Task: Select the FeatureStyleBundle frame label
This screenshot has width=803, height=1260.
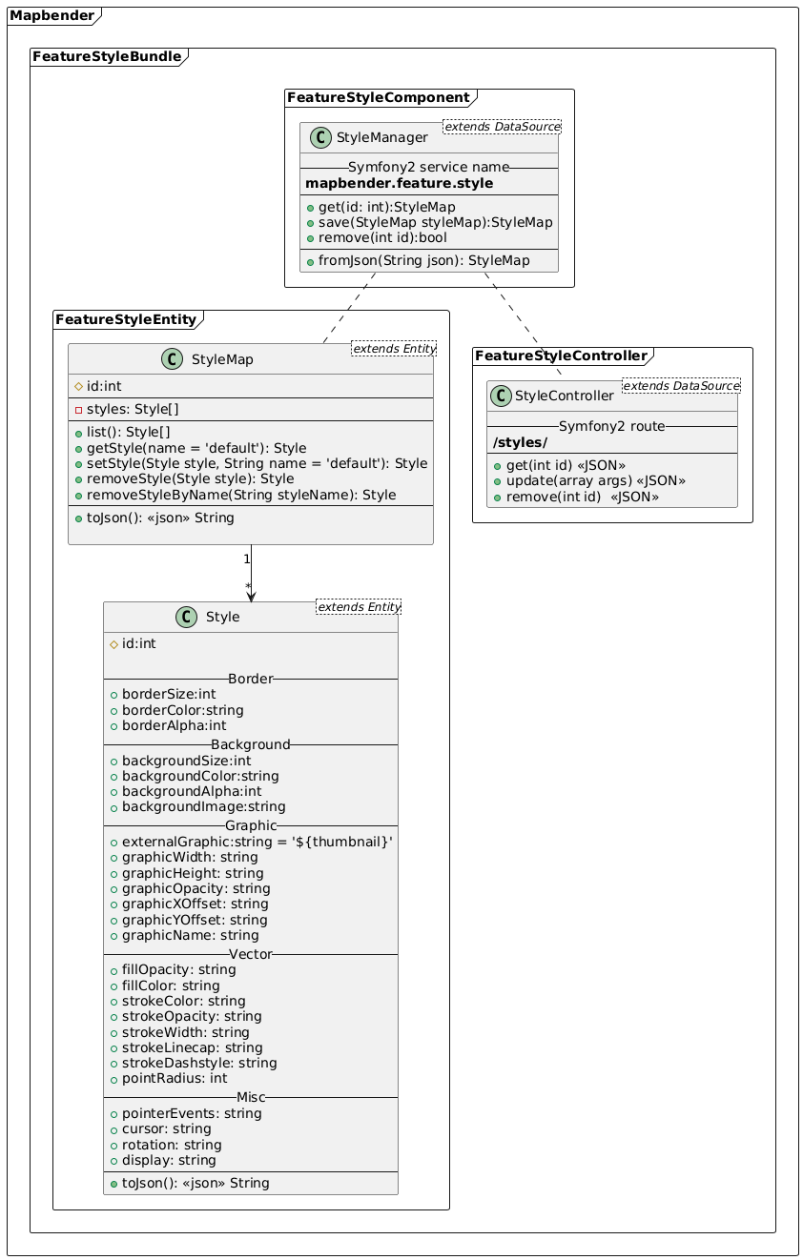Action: (x=106, y=57)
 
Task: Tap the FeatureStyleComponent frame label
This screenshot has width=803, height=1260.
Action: (x=381, y=97)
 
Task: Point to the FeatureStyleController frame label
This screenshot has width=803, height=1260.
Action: (x=561, y=356)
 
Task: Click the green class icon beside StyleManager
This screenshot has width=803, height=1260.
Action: (x=320, y=138)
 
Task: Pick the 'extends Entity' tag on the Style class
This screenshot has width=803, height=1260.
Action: (x=358, y=606)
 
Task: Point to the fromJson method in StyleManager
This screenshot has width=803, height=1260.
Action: (x=424, y=260)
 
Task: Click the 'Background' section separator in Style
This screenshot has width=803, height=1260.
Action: (x=251, y=743)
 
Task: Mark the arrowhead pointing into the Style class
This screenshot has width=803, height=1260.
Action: (x=251, y=596)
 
